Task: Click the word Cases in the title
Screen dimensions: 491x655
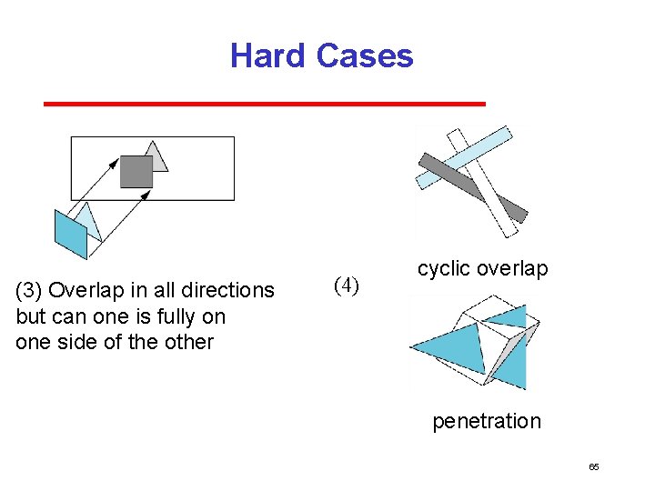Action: [365, 55]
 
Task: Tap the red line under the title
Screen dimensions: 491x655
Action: [264, 105]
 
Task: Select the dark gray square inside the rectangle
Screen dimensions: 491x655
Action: [136, 172]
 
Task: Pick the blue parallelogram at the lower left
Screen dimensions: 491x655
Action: [70, 235]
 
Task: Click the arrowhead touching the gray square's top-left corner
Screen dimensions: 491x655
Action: [115, 162]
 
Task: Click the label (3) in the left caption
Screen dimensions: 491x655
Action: [29, 291]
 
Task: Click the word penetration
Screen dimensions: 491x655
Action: [486, 421]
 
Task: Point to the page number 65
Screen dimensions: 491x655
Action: [594, 467]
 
